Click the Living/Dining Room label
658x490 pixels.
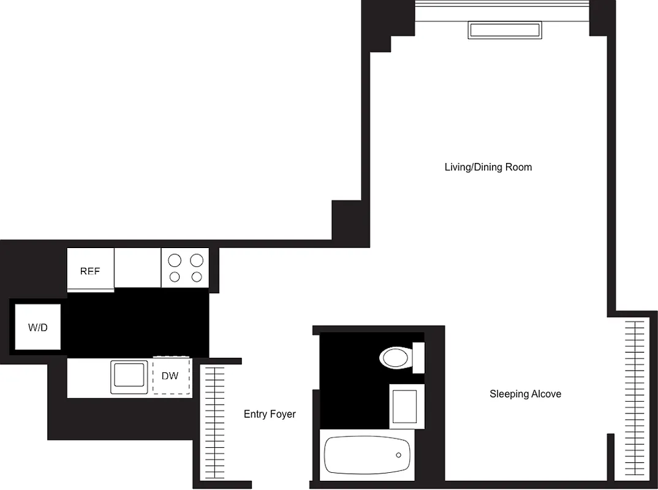[x=488, y=167]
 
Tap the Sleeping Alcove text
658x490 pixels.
[x=525, y=394]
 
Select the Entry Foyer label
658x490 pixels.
[x=270, y=414]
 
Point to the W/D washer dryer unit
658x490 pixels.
[x=38, y=327]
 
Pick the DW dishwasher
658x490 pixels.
[x=171, y=376]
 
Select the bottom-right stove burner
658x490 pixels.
[x=197, y=277]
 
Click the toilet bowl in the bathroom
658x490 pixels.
[x=395, y=358]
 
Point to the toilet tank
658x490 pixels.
[x=419, y=358]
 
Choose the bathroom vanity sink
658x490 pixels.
[x=404, y=405]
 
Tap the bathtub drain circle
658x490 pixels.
[x=399, y=455]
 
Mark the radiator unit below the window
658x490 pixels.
[x=504, y=30]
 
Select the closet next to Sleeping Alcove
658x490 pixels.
[x=634, y=398]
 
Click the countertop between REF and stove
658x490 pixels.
[x=137, y=267]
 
